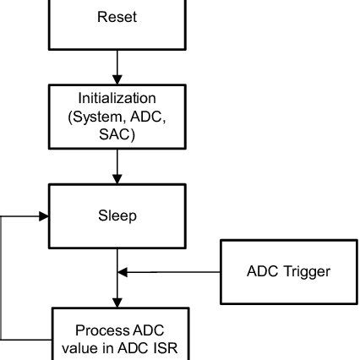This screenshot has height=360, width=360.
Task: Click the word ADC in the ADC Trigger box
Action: point(260,271)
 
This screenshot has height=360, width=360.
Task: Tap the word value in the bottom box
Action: point(79,346)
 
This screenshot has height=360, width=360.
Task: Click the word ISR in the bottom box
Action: point(158,346)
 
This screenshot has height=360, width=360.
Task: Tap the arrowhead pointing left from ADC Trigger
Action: point(123,272)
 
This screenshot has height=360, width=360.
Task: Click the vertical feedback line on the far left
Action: point(3,279)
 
